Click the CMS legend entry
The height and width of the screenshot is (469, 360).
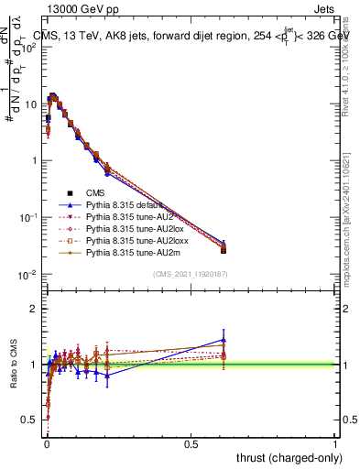[96, 193]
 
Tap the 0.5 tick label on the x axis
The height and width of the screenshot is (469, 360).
[191, 443]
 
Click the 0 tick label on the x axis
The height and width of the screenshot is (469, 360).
[47, 443]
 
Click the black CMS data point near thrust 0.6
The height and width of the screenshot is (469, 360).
[224, 250]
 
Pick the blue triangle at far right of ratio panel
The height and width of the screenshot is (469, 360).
[224, 339]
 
